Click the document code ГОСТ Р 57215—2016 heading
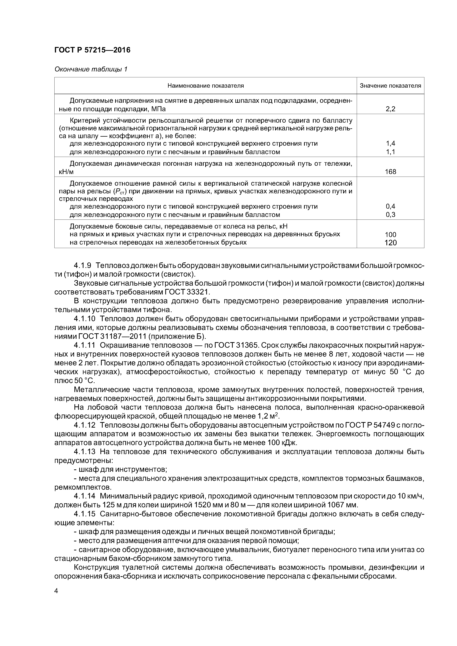[x=92, y=50]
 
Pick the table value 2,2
[x=390, y=109]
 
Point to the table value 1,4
[x=390, y=143]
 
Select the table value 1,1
[x=390, y=152]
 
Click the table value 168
[x=390, y=172]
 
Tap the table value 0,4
[x=390, y=206]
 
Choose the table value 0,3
[x=390, y=215]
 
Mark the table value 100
[x=390, y=234]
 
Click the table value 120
[x=390, y=243]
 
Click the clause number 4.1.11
[x=85, y=345]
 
